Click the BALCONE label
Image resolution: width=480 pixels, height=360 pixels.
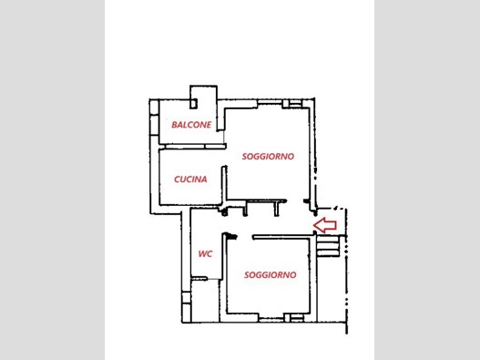pos(191,125)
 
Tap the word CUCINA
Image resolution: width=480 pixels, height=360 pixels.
pos(190,180)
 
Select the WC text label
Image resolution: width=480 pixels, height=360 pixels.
pos(205,254)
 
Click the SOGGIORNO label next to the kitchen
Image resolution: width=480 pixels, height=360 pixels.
pos(268,156)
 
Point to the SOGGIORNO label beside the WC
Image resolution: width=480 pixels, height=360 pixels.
pos(271,275)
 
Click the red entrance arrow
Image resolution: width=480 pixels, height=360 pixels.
pos(325,225)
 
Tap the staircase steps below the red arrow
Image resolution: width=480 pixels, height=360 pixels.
pos(328,246)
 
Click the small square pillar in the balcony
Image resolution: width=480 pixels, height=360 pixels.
pos(193,104)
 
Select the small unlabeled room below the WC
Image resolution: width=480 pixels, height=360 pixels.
pos(205,301)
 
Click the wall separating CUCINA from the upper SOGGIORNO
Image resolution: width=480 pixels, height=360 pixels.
pos(224,185)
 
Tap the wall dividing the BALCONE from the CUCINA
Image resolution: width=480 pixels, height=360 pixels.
pos(193,147)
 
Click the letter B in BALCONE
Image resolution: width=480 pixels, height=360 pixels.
pos(174,125)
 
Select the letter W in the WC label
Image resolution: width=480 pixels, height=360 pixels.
pos(202,254)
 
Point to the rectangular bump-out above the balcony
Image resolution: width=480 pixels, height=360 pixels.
pos(204,93)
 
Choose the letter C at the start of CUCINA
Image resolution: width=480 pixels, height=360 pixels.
pos(177,180)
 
